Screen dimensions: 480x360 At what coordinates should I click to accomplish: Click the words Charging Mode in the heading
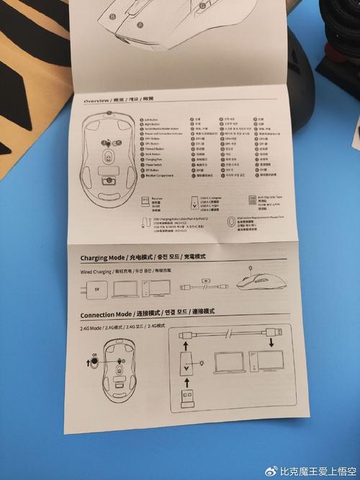(x=103, y=257)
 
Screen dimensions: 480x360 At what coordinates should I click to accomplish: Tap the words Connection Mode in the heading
(x=106, y=315)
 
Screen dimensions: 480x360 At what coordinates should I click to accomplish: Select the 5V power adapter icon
(x=96, y=290)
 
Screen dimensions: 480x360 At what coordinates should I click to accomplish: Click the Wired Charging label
(x=96, y=272)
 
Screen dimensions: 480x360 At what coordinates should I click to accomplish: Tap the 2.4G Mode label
(x=93, y=329)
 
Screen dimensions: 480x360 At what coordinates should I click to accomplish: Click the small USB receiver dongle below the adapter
(x=185, y=398)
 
